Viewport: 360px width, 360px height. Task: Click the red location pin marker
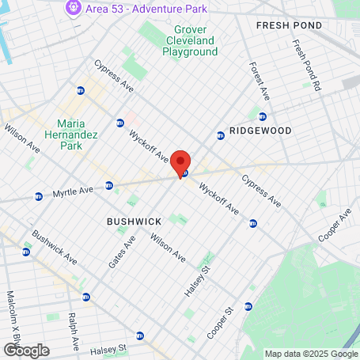pyautogui.click(x=180, y=161)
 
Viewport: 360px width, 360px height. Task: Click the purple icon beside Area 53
pyautogui.click(x=74, y=8)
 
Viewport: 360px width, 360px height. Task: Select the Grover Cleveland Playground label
pyautogui.click(x=190, y=41)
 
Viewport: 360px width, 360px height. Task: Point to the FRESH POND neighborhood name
pyautogui.click(x=289, y=26)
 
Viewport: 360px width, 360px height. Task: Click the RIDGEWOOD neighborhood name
pyautogui.click(x=260, y=131)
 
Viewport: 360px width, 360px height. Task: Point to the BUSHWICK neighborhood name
pyautogui.click(x=134, y=222)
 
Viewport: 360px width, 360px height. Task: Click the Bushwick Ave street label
pyautogui.click(x=55, y=248)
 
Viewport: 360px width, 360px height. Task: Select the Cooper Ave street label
pyautogui.click(x=335, y=227)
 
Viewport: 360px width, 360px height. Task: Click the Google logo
pyautogui.click(x=25, y=351)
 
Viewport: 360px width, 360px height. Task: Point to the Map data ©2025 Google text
pyautogui.click(x=311, y=354)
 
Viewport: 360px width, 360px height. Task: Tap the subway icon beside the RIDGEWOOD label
pyautogui.click(x=221, y=135)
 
